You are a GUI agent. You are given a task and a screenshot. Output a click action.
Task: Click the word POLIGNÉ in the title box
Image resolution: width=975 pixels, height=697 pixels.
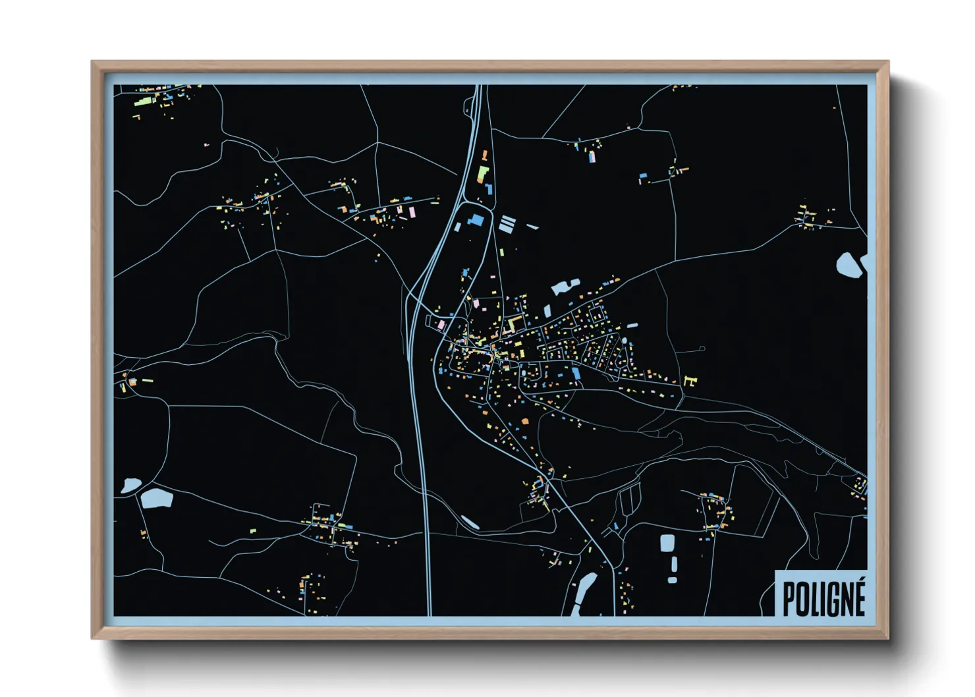(823, 598)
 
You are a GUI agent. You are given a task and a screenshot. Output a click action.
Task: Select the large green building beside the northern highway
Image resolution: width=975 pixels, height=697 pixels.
(483, 175)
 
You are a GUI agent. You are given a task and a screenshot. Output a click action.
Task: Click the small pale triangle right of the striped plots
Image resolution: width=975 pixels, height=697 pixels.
(533, 227)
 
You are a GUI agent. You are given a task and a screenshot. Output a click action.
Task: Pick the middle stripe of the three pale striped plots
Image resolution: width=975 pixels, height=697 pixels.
(506, 224)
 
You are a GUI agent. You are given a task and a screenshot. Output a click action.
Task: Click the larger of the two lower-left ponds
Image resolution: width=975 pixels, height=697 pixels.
(157, 498)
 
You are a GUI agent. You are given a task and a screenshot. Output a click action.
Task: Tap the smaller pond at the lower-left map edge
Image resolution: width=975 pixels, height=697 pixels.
(130, 486)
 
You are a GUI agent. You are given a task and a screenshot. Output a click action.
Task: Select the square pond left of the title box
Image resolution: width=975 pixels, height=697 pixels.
(667, 543)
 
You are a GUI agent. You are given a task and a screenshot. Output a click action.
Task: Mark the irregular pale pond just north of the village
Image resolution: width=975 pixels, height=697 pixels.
(565, 287)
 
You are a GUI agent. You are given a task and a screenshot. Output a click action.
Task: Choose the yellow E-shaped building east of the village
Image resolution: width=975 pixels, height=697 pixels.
(690, 380)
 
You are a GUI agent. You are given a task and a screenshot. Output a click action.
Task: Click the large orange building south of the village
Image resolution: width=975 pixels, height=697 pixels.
(525, 421)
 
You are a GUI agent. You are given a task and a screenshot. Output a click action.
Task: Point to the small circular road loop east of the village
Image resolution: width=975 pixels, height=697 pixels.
(702, 348)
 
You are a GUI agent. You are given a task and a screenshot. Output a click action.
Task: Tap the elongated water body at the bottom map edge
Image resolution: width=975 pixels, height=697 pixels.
(585, 590)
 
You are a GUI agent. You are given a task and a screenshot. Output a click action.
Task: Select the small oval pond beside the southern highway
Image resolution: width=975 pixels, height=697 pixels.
(470, 522)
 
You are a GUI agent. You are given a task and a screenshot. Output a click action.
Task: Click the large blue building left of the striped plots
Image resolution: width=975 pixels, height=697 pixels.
(475, 220)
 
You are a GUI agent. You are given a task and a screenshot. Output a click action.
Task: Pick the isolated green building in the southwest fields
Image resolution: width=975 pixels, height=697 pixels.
(253, 530)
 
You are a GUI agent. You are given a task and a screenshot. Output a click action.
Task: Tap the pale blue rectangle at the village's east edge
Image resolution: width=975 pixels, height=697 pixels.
(632, 325)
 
